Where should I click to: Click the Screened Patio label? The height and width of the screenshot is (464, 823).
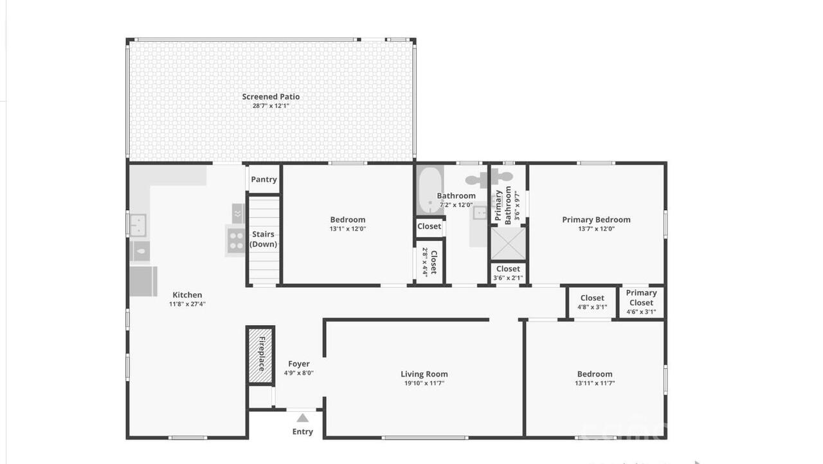tap(271, 97)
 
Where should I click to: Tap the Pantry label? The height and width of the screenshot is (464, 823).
tap(264, 179)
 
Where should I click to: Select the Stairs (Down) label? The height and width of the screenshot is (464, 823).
tap(262, 239)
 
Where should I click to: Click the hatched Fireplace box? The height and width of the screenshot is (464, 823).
tap(261, 355)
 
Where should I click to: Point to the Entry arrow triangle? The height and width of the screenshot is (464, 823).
tap(302, 418)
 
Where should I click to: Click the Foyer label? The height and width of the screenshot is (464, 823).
tap(299, 364)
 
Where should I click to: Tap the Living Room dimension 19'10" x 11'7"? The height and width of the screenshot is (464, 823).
tap(424, 384)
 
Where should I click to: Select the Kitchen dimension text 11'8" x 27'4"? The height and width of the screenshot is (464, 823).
tap(187, 305)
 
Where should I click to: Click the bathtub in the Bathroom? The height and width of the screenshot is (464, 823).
tap(429, 190)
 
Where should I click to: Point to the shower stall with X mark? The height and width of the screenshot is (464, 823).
tap(508, 244)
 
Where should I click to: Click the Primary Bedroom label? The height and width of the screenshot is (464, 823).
tap(596, 220)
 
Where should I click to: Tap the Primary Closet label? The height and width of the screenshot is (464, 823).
tap(641, 298)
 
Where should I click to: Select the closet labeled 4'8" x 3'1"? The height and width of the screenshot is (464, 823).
tap(592, 302)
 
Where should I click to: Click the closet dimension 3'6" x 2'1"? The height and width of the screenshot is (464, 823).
tap(508, 278)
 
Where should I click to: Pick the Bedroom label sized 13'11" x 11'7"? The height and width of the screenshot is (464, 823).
tap(595, 374)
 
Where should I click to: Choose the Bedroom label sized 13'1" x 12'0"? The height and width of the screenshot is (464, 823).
tap(348, 220)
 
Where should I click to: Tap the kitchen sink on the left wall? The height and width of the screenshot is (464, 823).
tap(138, 224)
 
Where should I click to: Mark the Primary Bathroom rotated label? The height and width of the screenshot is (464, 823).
tap(503, 205)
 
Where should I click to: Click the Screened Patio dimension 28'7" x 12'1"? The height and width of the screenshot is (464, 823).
tap(271, 106)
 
